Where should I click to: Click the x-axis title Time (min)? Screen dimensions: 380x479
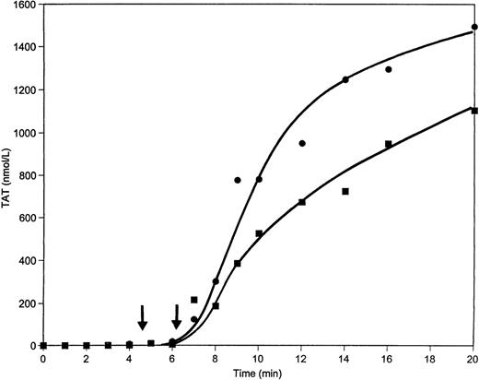point(259,373)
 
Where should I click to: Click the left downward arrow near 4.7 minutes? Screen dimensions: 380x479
point(142,317)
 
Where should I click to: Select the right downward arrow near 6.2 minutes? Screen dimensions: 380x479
point(176,317)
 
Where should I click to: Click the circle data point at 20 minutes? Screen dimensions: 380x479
point(474,28)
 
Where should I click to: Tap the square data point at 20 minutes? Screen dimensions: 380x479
point(474,111)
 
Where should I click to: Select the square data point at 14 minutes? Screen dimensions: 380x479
point(345,191)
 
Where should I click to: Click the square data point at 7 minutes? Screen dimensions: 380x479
point(194,300)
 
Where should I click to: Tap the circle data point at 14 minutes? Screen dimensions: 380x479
point(345,79)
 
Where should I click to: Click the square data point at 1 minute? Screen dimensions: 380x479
point(64,346)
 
